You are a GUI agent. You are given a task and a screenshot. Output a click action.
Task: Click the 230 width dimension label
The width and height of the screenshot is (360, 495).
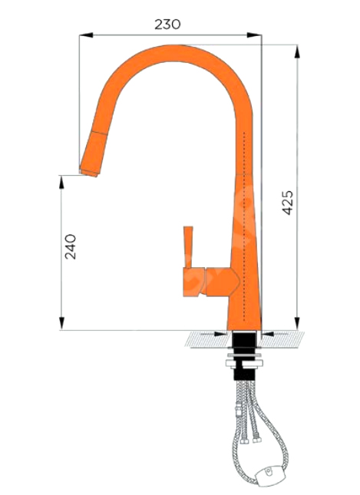[167, 24]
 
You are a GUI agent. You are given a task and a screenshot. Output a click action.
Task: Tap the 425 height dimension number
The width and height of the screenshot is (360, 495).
[287, 203]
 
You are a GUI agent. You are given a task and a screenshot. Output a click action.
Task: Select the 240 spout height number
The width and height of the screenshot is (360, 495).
[71, 246]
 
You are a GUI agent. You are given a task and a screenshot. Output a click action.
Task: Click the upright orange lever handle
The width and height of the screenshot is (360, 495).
[188, 247]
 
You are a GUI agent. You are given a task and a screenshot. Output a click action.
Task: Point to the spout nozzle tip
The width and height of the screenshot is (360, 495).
[89, 173]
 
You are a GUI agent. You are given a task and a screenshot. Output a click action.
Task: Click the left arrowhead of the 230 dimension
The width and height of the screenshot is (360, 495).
[86, 35]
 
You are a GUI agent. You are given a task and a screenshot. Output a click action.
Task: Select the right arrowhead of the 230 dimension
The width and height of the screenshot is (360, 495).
[255, 35]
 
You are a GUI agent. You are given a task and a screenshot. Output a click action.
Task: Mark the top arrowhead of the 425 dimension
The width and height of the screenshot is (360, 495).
[297, 51]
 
